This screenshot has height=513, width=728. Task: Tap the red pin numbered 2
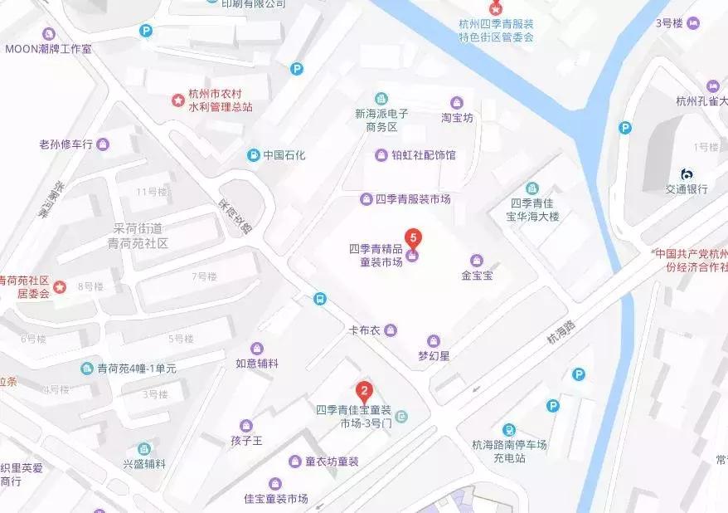(363, 390)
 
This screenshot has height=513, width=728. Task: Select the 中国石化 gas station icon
(253, 155)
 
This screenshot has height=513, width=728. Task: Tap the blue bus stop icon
(319, 299)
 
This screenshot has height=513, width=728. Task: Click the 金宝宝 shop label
(477, 275)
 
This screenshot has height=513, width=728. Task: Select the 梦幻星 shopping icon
(432, 340)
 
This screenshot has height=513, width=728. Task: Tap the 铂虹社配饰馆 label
(424, 155)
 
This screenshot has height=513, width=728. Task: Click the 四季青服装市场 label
(413, 199)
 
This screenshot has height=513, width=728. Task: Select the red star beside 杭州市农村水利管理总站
(177, 100)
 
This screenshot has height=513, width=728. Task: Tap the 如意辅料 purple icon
(257, 348)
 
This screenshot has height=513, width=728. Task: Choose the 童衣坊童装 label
(332, 462)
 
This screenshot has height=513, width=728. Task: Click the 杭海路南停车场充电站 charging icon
(509, 430)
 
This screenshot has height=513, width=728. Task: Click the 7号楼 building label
(204, 276)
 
